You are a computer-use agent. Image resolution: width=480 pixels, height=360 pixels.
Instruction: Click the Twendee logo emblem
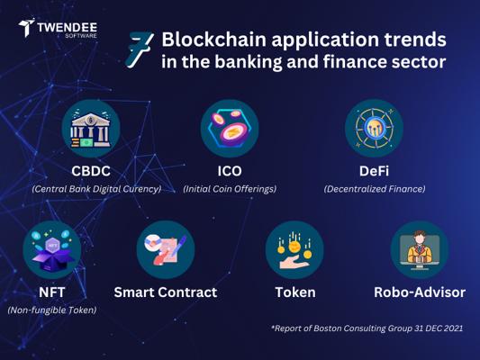[x=26, y=28]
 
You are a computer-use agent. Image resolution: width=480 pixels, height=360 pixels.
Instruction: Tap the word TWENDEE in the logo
[x=68, y=28]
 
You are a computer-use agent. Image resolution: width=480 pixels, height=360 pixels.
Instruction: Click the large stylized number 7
[x=139, y=49]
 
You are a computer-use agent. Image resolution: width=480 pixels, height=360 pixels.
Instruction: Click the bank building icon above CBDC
[x=91, y=129]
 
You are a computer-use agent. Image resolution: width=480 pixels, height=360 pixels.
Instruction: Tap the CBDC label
[x=91, y=171]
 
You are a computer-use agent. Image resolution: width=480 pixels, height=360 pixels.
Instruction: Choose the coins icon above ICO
[x=230, y=129]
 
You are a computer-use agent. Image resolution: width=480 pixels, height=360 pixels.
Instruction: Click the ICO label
[x=230, y=171]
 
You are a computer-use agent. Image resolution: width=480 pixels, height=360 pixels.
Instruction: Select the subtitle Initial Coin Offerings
[x=230, y=189]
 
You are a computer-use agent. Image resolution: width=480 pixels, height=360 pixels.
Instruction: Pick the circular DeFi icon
[x=374, y=129]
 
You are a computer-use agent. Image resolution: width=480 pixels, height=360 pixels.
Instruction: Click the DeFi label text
[x=374, y=171]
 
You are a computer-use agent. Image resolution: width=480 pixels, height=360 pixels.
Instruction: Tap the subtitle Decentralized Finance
[x=375, y=189]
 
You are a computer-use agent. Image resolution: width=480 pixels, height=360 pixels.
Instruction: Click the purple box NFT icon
[x=52, y=249]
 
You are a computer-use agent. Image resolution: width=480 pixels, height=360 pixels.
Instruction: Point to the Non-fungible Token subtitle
[x=52, y=310]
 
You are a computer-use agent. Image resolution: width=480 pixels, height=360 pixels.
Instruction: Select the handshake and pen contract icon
[x=166, y=249]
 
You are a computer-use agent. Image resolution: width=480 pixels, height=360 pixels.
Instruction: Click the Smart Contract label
[x=166, y=292]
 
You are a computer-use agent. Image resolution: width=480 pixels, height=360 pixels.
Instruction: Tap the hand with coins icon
[x=294, y=249]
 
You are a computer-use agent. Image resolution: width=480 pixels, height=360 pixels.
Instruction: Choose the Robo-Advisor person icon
[x=420, y=249]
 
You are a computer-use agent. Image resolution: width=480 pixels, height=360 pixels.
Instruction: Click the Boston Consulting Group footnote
[x=367, y=328]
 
